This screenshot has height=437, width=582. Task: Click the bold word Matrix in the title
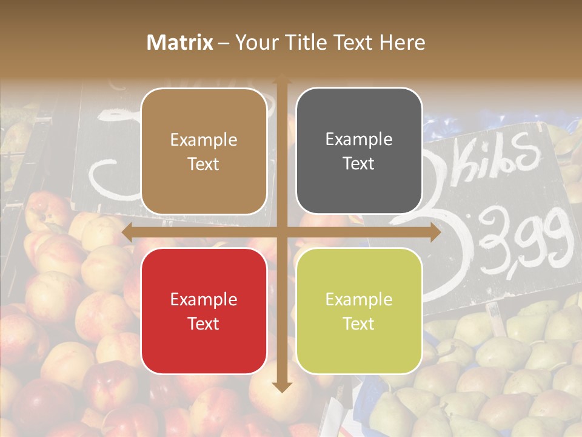pyautogui.click(x=180, y=42)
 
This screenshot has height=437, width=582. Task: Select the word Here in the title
pyautogui.click(x=402, y=42)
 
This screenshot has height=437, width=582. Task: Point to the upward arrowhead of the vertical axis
pyautogui.click(x=281, y=81)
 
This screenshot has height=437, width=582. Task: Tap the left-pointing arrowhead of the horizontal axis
pyautogui.click(x=128, y=232)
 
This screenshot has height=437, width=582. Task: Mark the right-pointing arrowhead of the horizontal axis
pyautogui.click(x=435, y=232)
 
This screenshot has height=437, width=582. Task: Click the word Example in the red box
pyautogui.click(x=204, y=299)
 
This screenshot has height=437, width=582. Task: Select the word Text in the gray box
pyautogui.click(x=359, y=164)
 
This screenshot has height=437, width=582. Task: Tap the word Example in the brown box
pyautogui.click(x=204, y=140)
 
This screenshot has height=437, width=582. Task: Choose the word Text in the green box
pyautogui.click(x=359, y=324)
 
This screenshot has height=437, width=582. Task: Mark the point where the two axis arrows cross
pyautogui.click(x=281, y=232)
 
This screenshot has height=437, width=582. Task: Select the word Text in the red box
pyautogui.click(x=204, y=324)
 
